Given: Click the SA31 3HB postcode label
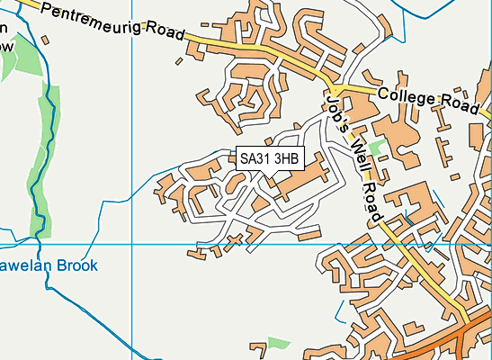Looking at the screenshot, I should pos(269,158).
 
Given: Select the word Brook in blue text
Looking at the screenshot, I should pos(80,266).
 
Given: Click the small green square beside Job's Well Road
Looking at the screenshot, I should pos(376,147).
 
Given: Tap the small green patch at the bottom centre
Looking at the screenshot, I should pos(279,343).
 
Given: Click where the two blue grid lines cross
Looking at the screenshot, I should pos(132,244).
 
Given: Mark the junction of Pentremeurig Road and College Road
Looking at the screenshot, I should pos(334,88).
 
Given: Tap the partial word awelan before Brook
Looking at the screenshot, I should pos(23,266).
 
